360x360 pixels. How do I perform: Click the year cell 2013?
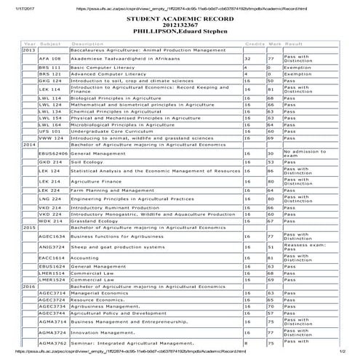29,49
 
